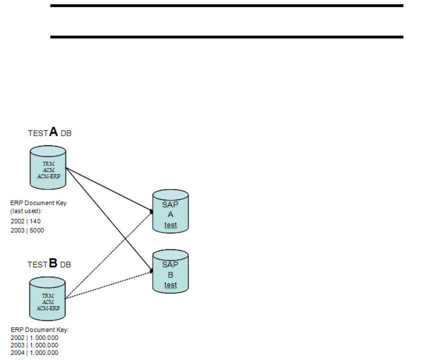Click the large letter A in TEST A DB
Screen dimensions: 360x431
point(54,132)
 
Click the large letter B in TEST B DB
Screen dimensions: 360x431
point(53,263)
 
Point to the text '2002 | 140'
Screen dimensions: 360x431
point(23,221)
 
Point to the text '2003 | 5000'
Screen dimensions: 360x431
point(27,230)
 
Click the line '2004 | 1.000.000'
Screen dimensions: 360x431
point(34,352)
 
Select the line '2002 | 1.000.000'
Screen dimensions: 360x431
point(34,338)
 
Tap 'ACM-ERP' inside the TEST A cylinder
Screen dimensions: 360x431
point(48,176)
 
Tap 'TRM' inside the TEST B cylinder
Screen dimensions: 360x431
point(48,295)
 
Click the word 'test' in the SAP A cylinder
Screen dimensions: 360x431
point(171,225)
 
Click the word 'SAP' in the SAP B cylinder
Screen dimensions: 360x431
point(171,265)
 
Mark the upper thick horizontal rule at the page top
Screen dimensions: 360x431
point(227,6)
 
